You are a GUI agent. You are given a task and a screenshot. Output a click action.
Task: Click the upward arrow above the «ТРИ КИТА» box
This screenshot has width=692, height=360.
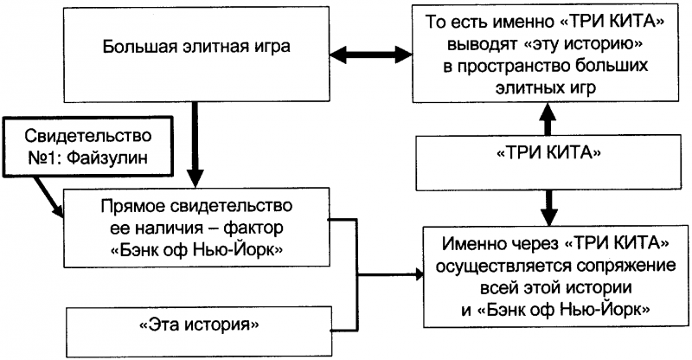[x=546, y=117]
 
